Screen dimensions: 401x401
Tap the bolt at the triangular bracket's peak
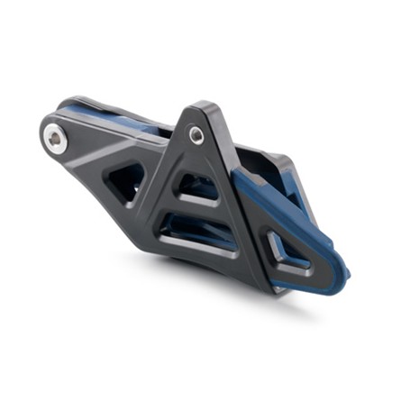(x=196, y=134)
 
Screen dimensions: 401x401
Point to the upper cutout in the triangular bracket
(x=193, y=189)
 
